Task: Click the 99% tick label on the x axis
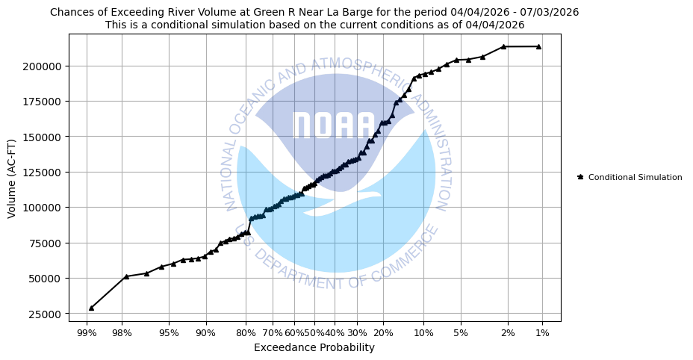[87, 332]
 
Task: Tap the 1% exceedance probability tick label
[542, 332]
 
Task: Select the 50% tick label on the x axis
[314, 332]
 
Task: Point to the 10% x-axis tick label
[423, 332]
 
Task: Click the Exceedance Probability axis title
[314, 347]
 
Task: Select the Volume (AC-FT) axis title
[12, 178]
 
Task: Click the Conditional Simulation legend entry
[635, 177]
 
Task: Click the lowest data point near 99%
[91, 308]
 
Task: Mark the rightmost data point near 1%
[538, 46]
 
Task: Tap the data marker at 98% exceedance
[126, 276]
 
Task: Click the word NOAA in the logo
[333, 126]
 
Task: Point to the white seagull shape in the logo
[344, 203]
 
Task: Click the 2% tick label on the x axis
[508, 332]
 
